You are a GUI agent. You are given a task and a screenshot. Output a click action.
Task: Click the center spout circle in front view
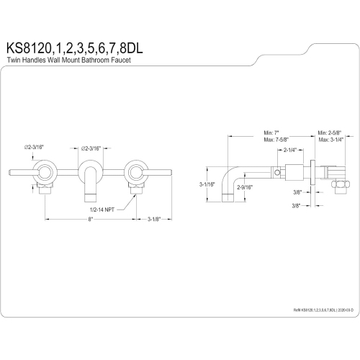90,171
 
